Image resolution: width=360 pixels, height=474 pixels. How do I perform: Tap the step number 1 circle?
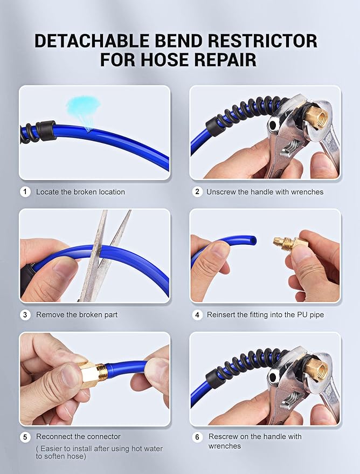point(25,191)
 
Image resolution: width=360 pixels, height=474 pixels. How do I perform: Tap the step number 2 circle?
point(197,191)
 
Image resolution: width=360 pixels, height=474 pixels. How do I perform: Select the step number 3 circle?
point(25,314)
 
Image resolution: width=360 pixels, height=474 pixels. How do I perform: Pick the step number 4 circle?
point(197,314)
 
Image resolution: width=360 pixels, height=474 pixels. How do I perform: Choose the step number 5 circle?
point(25,436)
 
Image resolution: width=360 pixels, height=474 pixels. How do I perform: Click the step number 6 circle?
point(197,436)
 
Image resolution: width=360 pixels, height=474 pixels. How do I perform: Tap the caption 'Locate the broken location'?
point(80,192)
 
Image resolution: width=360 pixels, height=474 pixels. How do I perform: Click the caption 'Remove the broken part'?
point(77,314)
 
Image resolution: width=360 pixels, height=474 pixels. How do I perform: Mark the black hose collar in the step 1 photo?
point(46,130)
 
